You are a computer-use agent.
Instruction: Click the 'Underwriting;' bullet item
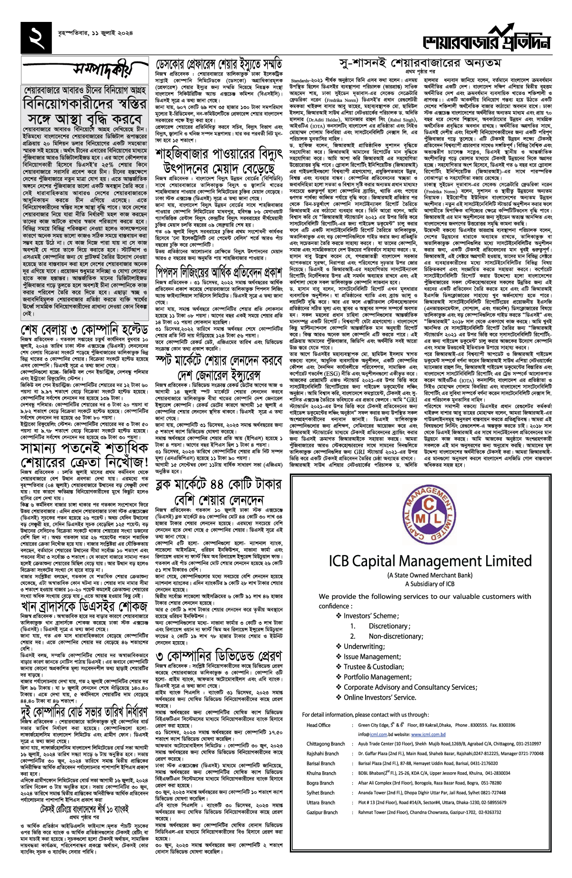pos(364,646)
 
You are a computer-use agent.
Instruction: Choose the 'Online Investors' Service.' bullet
pos(379,697)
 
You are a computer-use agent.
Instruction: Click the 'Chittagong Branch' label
pos(326,744)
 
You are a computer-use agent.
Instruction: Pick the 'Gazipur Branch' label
pos(322,812)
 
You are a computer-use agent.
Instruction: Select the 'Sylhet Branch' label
pos(320,793)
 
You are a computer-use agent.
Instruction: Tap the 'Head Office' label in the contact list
pos(318,725)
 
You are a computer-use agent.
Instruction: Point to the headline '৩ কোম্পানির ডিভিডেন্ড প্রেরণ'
pos(219,656)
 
